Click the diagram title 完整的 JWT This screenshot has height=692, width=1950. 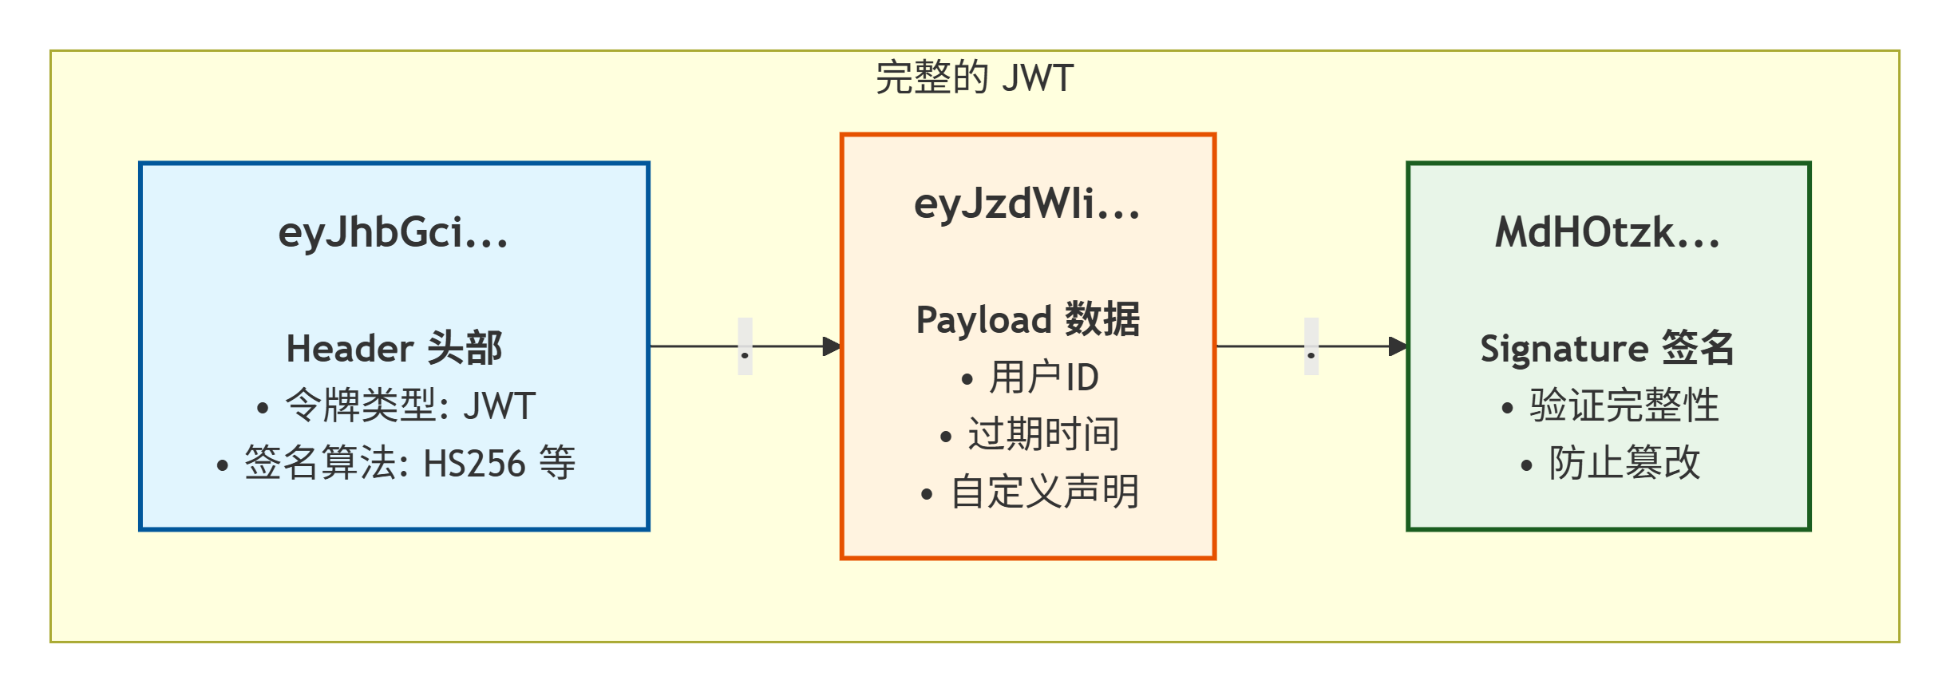(x=975, y=78)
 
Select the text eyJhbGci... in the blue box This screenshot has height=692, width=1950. (x=394, y=233)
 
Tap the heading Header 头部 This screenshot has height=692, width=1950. (x=394, y=349)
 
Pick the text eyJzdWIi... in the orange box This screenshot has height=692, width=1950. (x=1027, y=204)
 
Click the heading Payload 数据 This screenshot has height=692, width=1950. (x=1027, y=320)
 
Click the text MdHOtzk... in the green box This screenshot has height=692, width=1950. (x=1608, y=233)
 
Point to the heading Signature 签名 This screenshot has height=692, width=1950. (x=1608, y=349)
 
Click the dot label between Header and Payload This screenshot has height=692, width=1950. (x=745, y=346)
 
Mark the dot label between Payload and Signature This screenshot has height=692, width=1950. (x=1311, y=346)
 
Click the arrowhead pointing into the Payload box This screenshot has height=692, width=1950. (x=832, y=346)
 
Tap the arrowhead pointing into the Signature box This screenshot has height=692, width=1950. (x=1398, y=346)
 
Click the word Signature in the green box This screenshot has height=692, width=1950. (x=1564, y=349)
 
